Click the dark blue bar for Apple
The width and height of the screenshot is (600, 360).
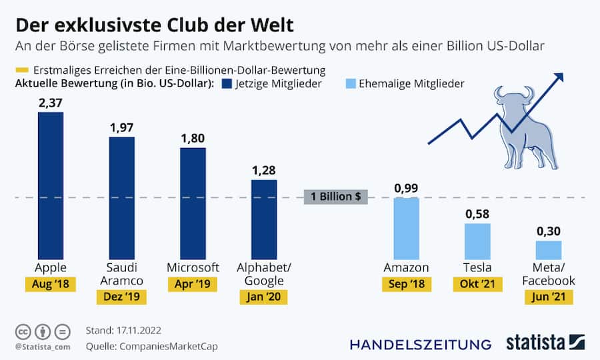tap(51, 185)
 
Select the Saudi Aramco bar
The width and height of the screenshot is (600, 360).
tap(121, 197)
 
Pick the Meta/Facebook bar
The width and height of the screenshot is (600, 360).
tap(549, 249)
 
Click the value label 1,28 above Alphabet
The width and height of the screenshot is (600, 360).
tap(264, 170)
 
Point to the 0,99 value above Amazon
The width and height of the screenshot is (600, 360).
tap(407, 188)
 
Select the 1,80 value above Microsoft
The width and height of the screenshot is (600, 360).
tap(193, 139)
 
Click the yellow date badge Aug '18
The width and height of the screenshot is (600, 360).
tap(51, 285)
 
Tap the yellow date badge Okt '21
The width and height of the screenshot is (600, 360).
tap(477, 285)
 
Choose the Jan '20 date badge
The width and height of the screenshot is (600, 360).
tap(264, 297)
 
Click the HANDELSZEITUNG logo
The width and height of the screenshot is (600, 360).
tap(420, 344)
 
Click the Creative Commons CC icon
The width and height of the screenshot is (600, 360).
tap(22, 331)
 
